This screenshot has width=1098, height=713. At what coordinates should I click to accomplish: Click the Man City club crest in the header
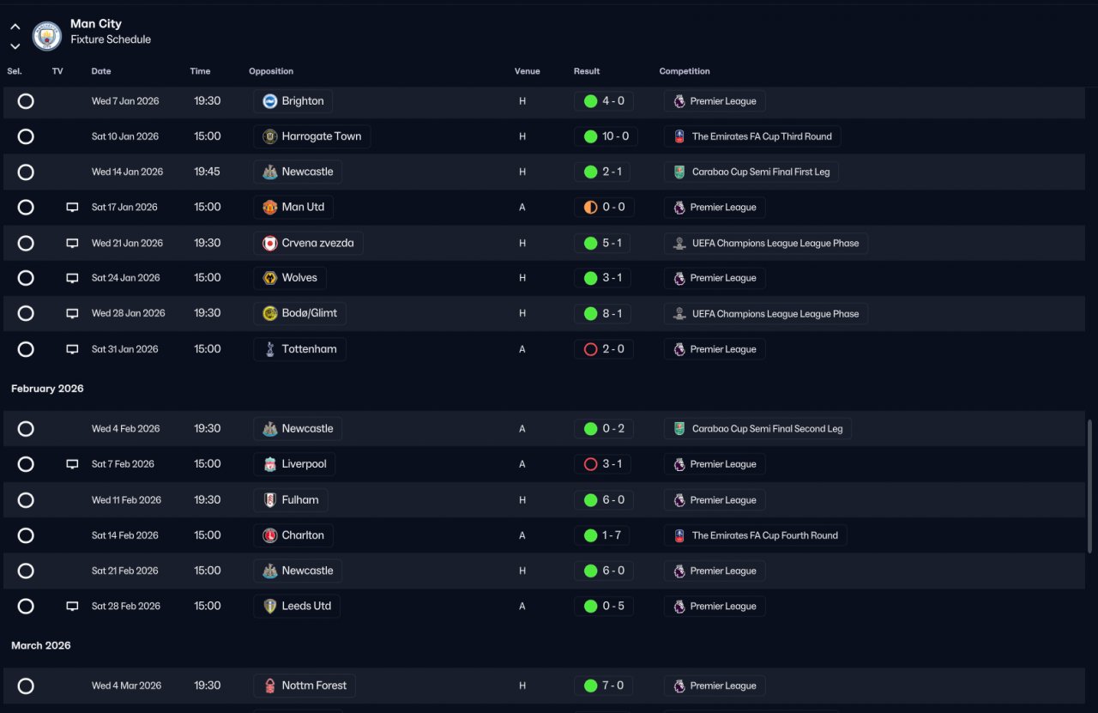point(46,35)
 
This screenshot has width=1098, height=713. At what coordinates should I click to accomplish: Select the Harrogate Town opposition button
point(311,136)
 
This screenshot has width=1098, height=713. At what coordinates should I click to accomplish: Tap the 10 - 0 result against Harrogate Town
point(606,136)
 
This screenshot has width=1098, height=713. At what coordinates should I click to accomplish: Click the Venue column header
point(527,71)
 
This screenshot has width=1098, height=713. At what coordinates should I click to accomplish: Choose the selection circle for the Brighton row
point(26,101)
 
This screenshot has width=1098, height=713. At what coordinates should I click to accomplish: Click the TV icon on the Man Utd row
point(72,208)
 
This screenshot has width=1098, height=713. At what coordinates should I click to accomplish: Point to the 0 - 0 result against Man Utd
point(604,208)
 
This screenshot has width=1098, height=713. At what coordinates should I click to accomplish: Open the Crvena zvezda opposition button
point(308,243)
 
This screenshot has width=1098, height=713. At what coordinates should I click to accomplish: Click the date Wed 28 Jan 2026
point(129,313)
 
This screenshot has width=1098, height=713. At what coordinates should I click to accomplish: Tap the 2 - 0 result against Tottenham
point(604,349)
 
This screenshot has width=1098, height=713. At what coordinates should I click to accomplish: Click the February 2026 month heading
point(47,389)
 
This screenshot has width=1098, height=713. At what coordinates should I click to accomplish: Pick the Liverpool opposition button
point(294,464)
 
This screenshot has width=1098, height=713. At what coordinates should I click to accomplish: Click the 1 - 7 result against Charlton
point(602,535)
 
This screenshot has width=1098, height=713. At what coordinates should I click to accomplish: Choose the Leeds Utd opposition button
point(297,606)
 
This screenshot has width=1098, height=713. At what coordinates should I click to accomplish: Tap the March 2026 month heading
point(41,645)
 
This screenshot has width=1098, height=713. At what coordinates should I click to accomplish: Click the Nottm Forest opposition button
point(305,686)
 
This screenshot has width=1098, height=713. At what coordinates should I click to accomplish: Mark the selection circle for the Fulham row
point(26,500)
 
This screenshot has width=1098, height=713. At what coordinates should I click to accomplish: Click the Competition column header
point(685,71)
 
